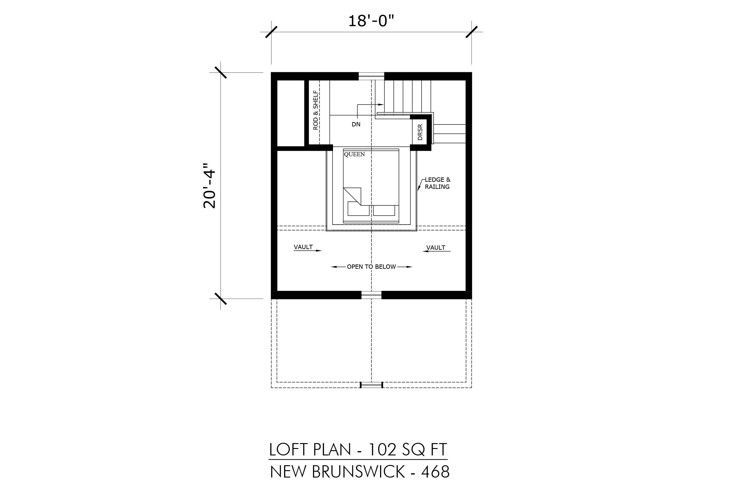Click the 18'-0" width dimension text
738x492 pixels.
(x=371, y=21)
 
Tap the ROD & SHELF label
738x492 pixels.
(x=315, y=110)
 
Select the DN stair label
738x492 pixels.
(x=356, y=125)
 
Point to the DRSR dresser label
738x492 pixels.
(x=420, y=132)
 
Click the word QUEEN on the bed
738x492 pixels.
(x=354, y=154)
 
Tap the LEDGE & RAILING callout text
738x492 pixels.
(x=437, y=183)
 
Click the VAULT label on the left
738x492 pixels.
(x=303, y=247)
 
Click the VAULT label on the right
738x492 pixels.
(x=436, y=248)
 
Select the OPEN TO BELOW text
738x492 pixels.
(x=371, y=267)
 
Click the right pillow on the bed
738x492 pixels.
(x=384, y=210)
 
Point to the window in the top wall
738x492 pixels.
(x=371, y=76)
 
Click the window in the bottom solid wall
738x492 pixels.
(x=371, y=295)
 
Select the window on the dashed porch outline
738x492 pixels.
(x=371, y=385)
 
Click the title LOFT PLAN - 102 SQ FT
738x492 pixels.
(x=358, y=450)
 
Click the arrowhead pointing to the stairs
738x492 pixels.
(x=381, y=105)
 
